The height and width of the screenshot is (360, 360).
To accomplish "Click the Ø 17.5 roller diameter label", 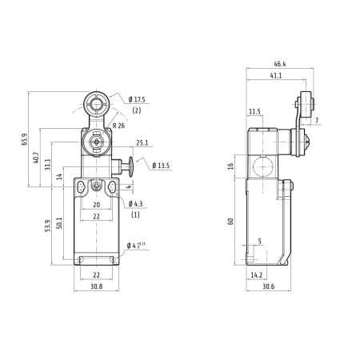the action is pos(137,100).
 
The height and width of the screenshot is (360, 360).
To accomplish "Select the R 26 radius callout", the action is pos(118,126).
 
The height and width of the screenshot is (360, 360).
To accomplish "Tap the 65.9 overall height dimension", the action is pos(25,139).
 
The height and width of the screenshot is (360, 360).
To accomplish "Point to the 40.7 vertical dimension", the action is pos(36,158).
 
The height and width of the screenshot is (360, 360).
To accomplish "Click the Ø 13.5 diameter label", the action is pos(161,166).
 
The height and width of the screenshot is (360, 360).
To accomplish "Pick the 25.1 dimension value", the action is pos(142,143).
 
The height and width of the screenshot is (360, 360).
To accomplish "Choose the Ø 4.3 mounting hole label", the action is pos(135,204).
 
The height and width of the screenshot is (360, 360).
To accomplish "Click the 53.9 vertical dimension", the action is pos(47,226).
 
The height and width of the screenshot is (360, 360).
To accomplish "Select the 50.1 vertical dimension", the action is pos(59,223).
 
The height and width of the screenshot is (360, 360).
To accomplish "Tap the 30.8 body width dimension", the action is pos(97,286).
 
